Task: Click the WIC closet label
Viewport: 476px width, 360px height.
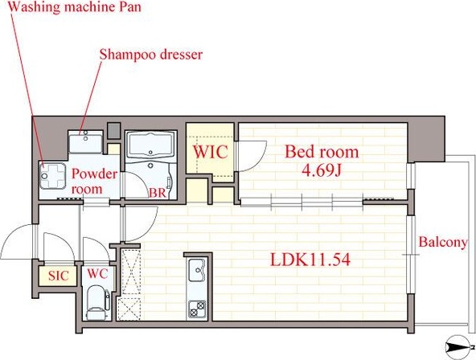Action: (211, 152)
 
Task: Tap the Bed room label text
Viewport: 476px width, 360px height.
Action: (322, 152)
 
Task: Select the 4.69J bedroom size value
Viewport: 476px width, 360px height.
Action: (322, 170)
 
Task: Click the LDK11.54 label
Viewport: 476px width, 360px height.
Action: (310, 260)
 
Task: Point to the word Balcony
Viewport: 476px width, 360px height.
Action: (443, 243)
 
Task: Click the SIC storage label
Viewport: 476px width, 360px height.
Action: (59, 276)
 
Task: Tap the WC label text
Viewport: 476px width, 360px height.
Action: (97, 273)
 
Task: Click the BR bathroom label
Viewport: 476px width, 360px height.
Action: (158, 193)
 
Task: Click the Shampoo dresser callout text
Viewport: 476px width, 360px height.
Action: (151, 55)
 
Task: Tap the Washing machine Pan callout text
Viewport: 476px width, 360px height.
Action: (75, 7)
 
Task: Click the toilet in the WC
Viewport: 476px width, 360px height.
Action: (96, 302)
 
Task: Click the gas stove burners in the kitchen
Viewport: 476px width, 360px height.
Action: (197, 309)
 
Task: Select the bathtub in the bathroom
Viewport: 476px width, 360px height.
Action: (151, 145)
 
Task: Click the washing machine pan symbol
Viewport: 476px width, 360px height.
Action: (52, 176)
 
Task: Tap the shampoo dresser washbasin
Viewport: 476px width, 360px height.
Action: (85, 141)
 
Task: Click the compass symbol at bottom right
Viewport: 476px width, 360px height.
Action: (458, 346)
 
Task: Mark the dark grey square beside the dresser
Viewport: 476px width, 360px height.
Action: (114, 130)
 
